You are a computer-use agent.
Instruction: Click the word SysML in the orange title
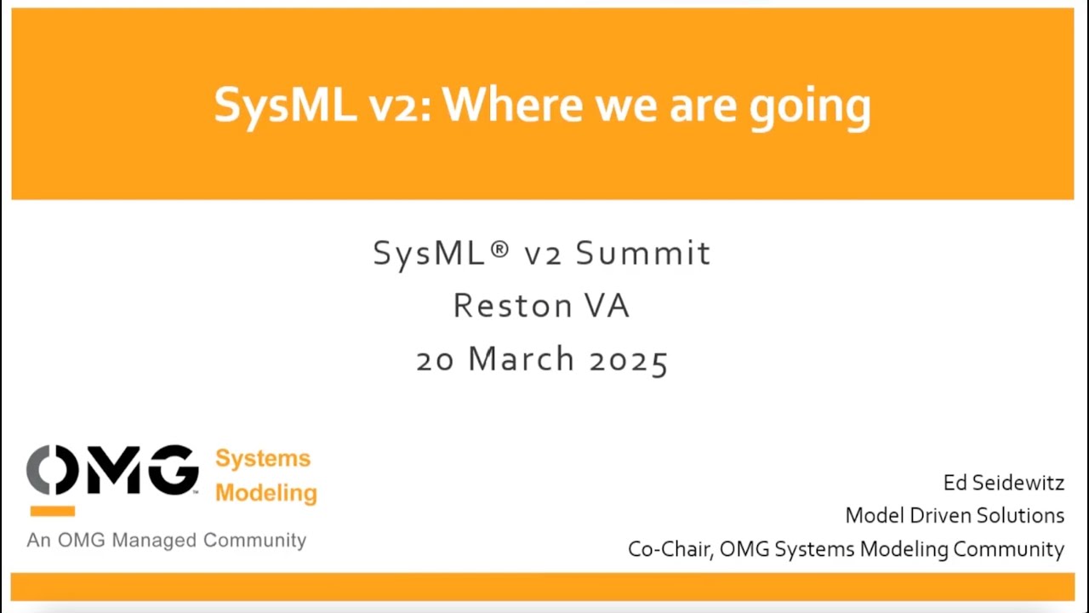[x=285, y=106]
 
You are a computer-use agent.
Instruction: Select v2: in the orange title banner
[x=401, y=106]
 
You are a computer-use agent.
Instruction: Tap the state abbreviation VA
[x=605, y=306]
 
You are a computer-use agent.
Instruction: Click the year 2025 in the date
[x=629, y=359]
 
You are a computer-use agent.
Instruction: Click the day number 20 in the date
[x=436, y=359]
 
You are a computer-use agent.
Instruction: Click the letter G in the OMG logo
[x=174, y=470]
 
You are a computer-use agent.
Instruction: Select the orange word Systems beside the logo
[x=263, y=459]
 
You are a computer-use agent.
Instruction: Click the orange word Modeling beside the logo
[x=265, y=493]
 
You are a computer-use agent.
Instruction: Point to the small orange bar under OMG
[x=52, y=511]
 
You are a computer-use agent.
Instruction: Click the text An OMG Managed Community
[x=166, y=540]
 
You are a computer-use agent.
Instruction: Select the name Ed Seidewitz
[x=1003, y=483]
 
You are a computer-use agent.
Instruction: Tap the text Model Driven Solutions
[x=954, y=515]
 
